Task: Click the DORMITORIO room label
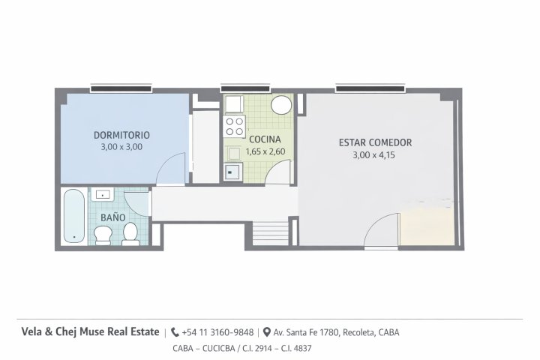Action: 121,135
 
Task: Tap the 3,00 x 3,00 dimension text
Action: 121,147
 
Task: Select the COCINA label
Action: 265,139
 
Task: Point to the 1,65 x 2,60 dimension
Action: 265,151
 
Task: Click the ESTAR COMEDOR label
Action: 375,142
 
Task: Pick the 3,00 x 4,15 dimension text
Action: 373,155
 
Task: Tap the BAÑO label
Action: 113,217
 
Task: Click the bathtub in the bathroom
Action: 74,215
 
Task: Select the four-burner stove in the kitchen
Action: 235,127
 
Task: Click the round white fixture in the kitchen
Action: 281,105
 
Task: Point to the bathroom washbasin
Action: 102,195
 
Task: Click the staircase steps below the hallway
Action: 271,233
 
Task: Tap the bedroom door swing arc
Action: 167,161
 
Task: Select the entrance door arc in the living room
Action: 374,224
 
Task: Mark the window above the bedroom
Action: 121,89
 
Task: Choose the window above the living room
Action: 370,89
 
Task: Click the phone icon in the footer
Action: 175,332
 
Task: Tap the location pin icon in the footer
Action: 266,332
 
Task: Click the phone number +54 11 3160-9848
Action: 217,332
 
